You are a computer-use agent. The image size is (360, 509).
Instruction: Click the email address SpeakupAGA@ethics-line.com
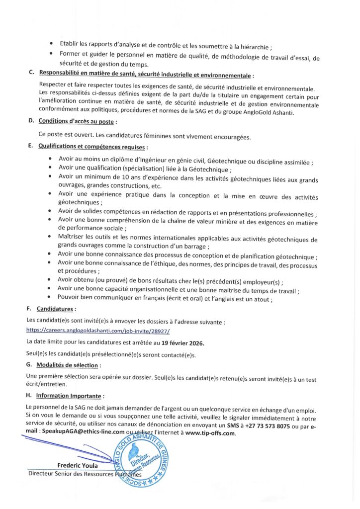pos(83,432)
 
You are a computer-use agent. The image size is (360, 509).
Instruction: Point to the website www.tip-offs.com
pos(210,433)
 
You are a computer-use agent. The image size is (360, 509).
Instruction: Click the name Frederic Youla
pos(78,465)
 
